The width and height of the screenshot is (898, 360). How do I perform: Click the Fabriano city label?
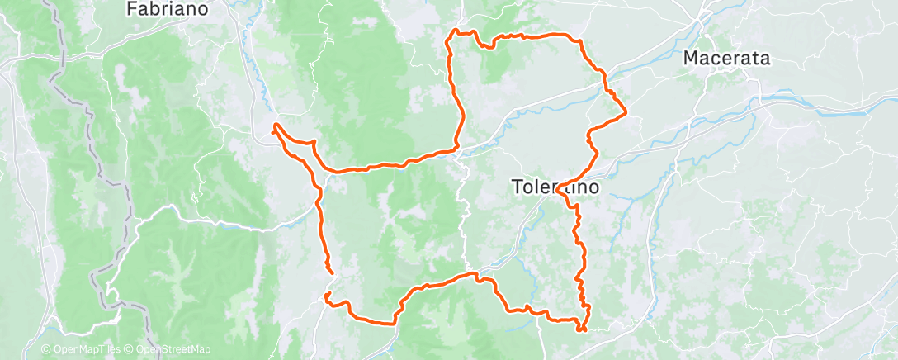(166, 9)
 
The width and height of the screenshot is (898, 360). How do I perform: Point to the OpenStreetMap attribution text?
(168, 349)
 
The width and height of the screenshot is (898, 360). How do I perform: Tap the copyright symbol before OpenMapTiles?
(45, 349)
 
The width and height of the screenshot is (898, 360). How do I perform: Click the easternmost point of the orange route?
(626, 111)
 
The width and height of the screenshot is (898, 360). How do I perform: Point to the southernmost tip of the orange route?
(583, 330)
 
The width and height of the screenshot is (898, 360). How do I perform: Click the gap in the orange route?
(328, 282)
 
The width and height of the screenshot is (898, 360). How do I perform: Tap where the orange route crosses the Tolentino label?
(562, 189)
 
